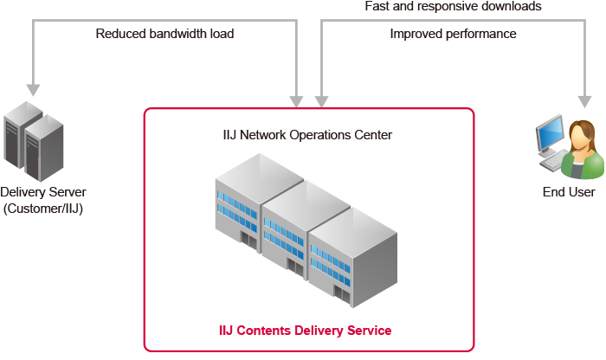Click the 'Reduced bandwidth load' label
pyautogui.click(x=164, y=34)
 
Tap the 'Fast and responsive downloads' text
pyautogui.click(x=453, y=6)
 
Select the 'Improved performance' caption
pyautogui.click(x=453, y=34)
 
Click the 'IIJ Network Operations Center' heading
pyautogui.click(x=307, y=135)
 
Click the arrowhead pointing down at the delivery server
pyautogui.click(x=34, y=88)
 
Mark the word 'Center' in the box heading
pyautogui.click(x=372, y=135)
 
